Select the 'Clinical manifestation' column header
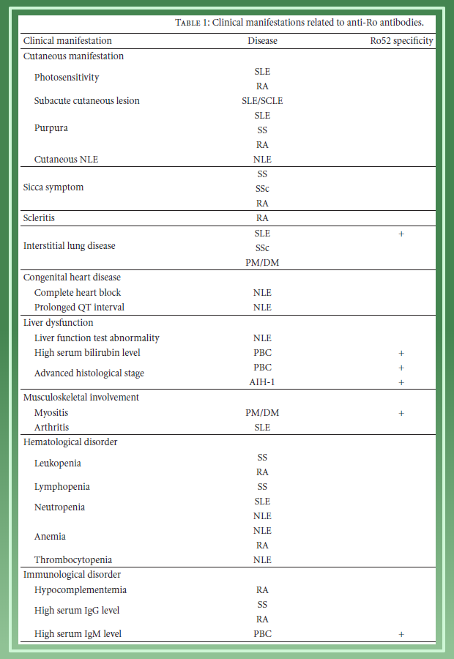[67, 41]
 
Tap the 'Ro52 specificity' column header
[401, 41]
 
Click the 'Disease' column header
[262, 41]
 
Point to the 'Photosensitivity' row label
[67, 78]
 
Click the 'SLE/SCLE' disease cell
[262, 100]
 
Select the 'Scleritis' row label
[40, 217]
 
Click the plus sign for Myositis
[401, 413]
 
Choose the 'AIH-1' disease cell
[262, 382]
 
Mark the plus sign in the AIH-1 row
[401, 382]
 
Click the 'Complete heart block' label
[78, 293]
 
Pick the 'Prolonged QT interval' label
[80, 308]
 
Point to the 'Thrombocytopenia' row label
[73, 560]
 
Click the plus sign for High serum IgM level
[401, 634]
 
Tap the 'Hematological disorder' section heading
[70, 442]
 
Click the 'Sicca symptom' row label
[53, 187]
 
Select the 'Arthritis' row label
[51, 428]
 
